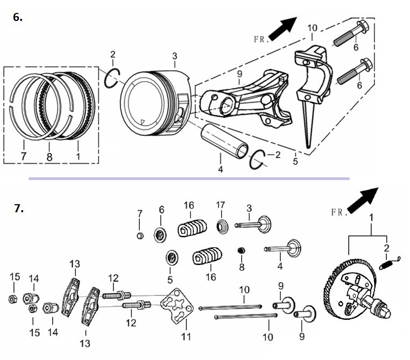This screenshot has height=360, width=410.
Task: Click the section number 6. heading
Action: pos(18,17)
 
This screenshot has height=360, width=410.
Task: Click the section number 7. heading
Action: pos(19,208)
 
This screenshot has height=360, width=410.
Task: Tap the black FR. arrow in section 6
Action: pos(283,28)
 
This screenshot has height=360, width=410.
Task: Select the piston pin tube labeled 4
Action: pos(225,141)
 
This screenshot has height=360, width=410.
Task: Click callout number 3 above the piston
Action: pos(175,56)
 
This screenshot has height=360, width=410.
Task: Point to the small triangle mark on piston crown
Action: pos(142,122)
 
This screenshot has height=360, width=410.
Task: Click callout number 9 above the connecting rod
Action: pos(240,74)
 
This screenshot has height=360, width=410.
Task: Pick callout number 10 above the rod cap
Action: pos(312,28)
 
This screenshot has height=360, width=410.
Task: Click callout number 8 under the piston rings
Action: pos(49,157)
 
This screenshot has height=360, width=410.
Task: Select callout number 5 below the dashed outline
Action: pos(295,161)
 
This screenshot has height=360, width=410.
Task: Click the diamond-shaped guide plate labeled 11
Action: pos(177,306)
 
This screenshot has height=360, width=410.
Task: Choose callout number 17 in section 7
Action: pos(220,205)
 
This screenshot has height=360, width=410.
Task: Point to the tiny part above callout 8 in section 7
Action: pos(241,250)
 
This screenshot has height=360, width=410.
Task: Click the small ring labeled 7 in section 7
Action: pos(140,235)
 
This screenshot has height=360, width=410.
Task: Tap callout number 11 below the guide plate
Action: pos(186,336)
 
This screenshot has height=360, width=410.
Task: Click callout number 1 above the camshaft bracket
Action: pos(371,218)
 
